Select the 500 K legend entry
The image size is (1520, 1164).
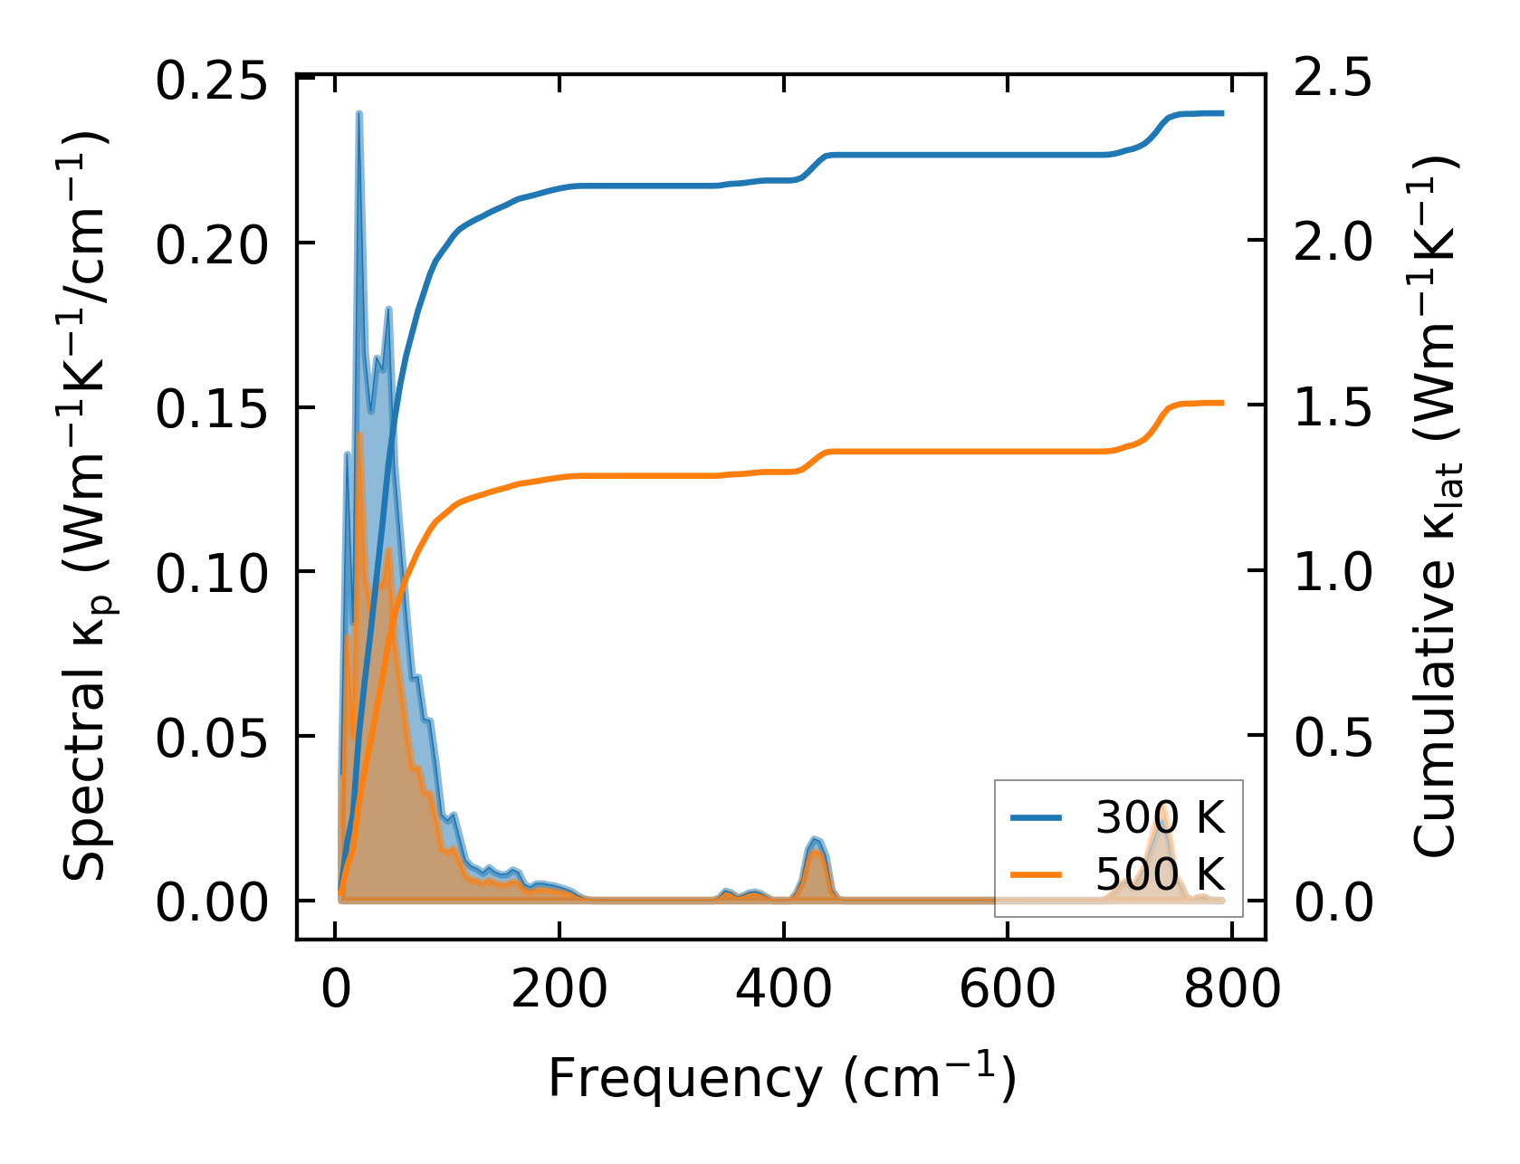1159,874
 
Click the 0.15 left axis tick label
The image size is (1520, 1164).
212,409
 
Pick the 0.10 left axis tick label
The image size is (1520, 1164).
212,574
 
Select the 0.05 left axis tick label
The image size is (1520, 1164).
212,739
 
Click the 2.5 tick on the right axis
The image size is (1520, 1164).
1333,78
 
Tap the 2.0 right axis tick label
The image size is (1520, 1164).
1333,243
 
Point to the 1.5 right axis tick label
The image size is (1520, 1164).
1333,407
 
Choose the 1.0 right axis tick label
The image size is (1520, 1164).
1333,572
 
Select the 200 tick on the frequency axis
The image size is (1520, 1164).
559,988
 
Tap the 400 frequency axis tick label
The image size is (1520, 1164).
783,988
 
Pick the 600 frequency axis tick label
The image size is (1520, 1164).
1007,988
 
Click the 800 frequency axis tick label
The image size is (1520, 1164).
1231,988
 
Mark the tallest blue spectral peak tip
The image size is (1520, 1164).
359,114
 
